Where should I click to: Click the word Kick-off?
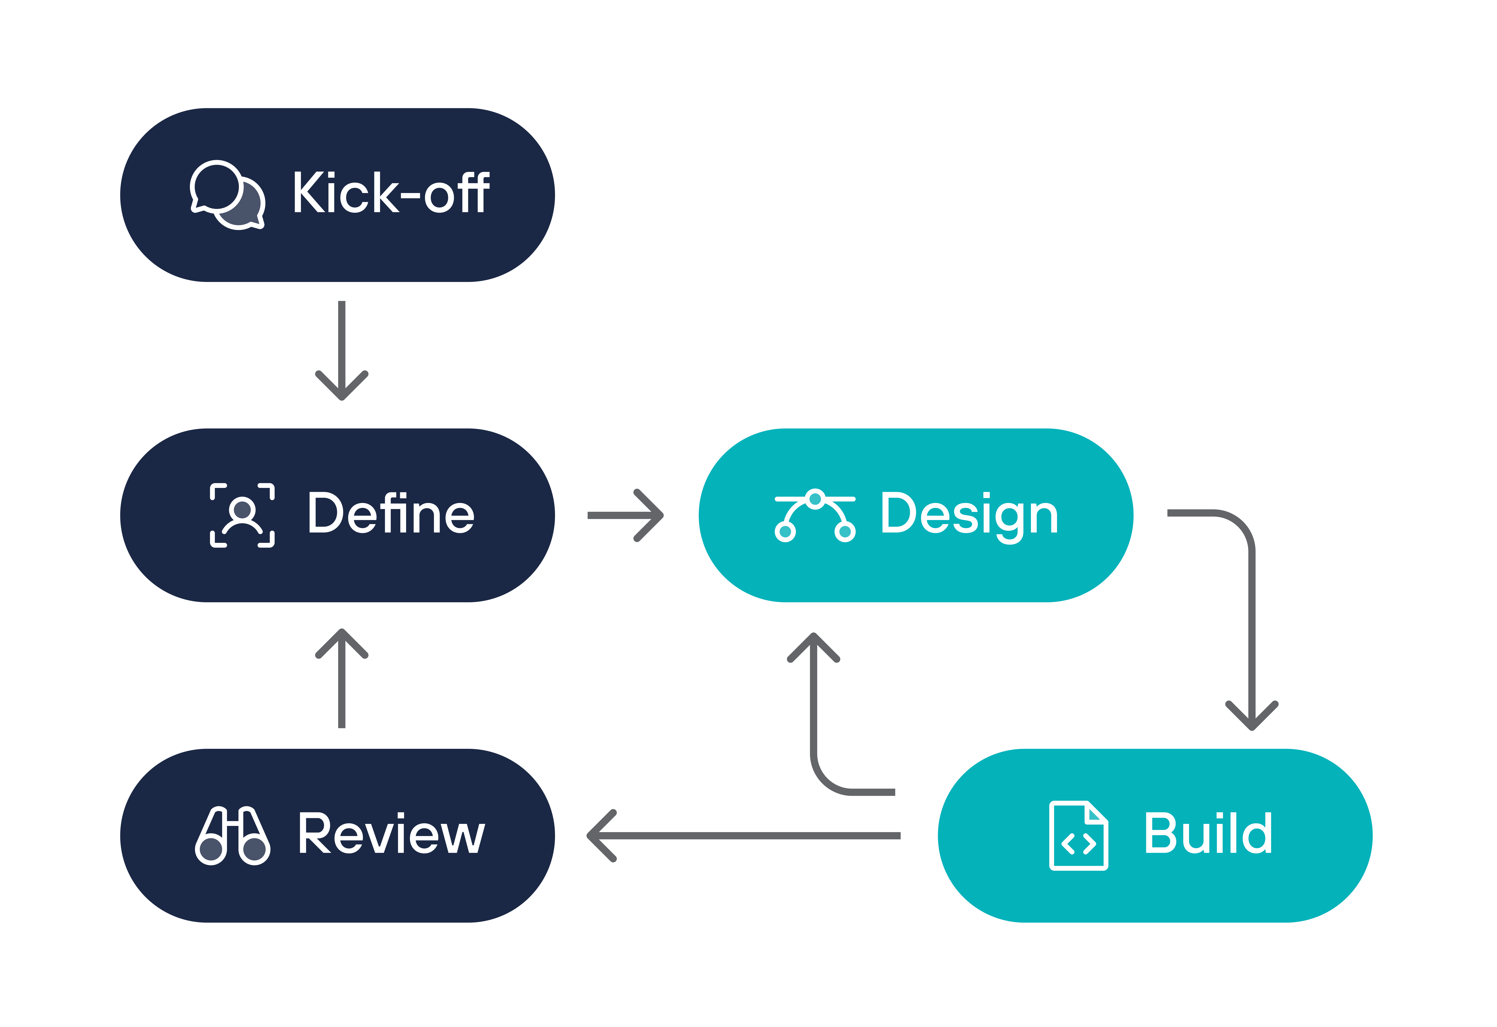(392, 192)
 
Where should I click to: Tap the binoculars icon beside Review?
(233, 836)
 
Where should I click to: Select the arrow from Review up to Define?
(341, 678)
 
